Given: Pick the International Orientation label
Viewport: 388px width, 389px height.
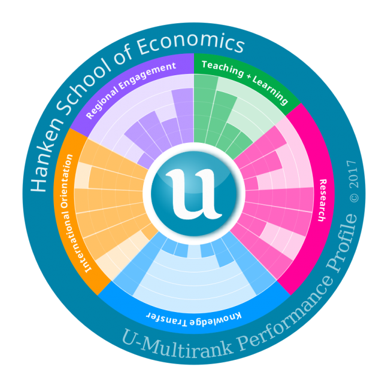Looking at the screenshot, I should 77,213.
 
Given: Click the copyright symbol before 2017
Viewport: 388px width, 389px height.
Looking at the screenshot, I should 354,197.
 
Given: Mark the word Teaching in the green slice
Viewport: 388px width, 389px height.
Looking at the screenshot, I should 221,68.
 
